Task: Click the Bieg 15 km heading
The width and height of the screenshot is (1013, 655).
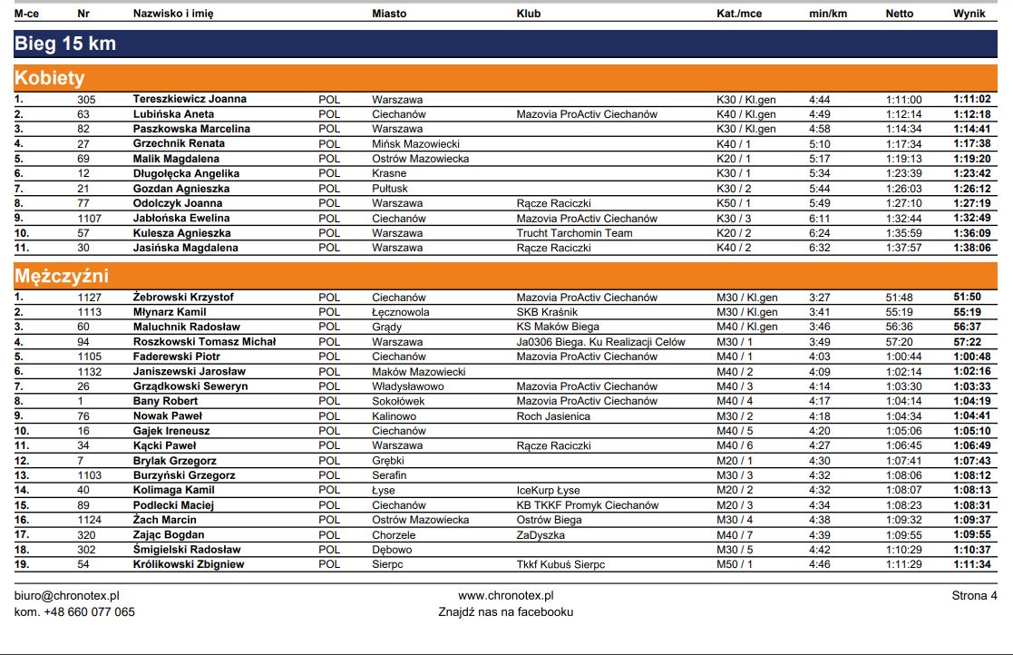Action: (65, 44)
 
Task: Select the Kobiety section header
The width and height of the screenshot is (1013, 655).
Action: (50, 79)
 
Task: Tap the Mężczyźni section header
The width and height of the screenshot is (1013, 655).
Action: (62, 277)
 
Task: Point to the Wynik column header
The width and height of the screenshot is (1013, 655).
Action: (969, 14)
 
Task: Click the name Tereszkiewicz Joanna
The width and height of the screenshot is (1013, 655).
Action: (190, 99)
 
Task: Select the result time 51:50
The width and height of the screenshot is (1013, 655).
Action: (967, 297)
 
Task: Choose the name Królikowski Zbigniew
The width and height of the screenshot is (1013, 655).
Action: (189, 564)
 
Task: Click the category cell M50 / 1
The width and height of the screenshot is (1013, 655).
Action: (735, 564)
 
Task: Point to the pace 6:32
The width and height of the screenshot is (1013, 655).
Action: (819, 248)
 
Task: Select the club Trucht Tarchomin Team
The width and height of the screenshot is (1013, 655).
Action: (574, 233)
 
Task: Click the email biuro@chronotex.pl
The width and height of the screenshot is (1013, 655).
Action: (67, 596)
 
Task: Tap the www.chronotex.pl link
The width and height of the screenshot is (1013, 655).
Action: (506, 596)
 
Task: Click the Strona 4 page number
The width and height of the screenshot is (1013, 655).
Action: (974, 596)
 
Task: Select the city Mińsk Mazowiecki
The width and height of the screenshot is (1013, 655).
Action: (415, 143)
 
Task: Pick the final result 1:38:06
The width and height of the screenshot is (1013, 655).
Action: (971, 248)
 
